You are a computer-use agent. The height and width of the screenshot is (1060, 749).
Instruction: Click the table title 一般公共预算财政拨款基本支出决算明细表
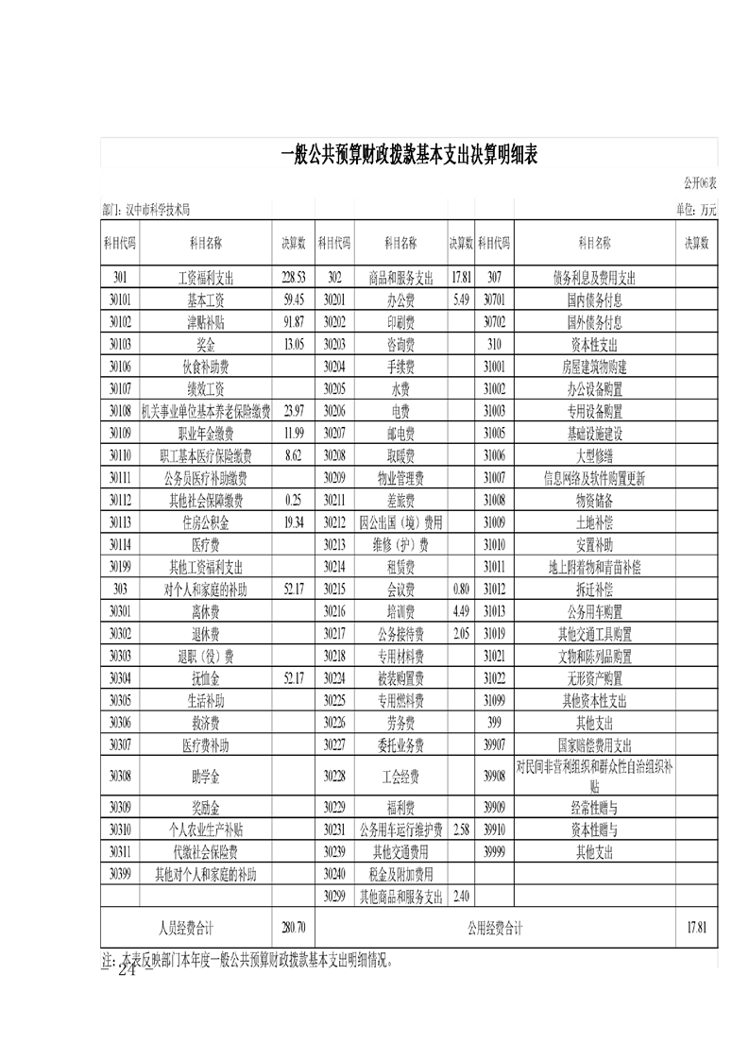(x=409, y=156)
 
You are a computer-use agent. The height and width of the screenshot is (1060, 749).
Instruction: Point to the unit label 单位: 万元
(x=695, y=210)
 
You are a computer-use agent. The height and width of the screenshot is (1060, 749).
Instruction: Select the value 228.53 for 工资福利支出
(x=294, y=278)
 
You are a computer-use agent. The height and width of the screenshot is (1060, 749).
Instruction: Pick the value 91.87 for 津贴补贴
(x=294, y=322)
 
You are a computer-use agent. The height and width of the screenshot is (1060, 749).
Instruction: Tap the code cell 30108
(x=119, y=411)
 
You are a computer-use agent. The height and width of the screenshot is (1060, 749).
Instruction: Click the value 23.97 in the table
(x=294, y=411)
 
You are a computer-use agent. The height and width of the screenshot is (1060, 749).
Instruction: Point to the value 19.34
(x=294, y=522)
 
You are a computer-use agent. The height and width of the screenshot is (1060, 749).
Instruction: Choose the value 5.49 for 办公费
(x=461, y=300)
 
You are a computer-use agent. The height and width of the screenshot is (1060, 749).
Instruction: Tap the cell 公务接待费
(x=400, y=634)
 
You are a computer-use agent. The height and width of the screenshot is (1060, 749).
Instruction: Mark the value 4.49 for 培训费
(x=461, y=611)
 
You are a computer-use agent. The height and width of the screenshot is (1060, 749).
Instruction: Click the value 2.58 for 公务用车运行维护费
(x=461, y=830)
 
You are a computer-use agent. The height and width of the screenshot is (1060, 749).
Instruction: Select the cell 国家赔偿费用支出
(x=594, y=745)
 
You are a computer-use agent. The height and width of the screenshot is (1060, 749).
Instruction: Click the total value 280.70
(x=294, y=929)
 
